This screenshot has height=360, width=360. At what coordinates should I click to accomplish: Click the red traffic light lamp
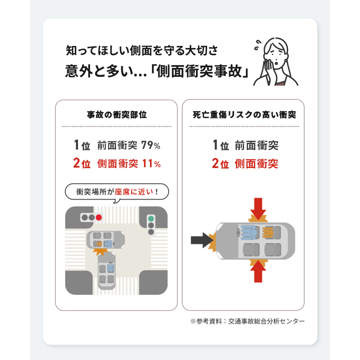point(99,217)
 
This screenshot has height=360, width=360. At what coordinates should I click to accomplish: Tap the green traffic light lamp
point(151,219)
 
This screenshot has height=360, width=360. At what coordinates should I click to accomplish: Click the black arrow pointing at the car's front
point(202,240)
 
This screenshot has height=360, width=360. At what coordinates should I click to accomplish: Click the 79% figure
point(151,145)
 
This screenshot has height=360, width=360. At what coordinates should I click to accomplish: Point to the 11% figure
point(151,164)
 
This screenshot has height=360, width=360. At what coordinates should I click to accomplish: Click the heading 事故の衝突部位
point(117,115)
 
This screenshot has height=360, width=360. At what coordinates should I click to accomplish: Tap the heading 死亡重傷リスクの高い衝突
point(244,115)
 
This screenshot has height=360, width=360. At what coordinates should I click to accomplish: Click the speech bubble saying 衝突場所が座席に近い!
point(117,191)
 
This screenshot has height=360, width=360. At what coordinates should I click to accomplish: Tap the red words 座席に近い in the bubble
point(134,191)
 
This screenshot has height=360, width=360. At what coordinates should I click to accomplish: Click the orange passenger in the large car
point(268,232)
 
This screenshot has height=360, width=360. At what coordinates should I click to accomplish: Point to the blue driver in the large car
point(249,232)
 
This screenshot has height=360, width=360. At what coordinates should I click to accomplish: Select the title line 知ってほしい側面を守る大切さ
point(142,51)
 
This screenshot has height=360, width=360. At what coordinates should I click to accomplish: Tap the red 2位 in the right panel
point(220,164)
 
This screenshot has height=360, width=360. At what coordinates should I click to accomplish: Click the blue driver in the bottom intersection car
point(111,268)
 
